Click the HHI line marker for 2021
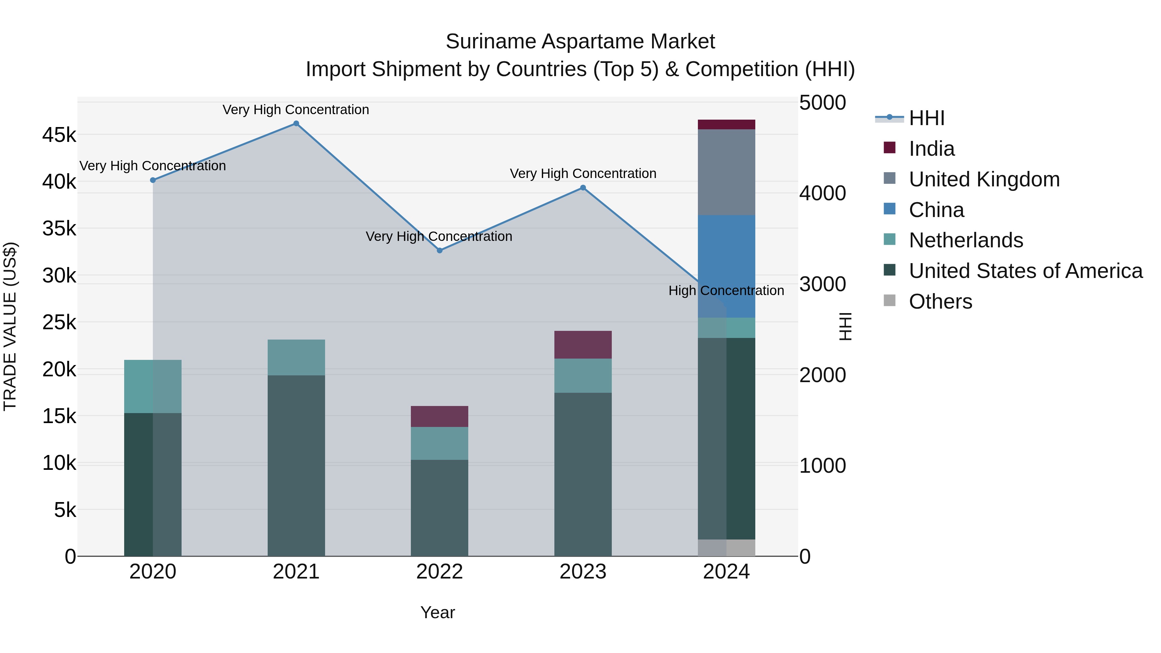pos(296,124)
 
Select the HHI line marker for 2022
pos(440,251)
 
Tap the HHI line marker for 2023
pos(583,188)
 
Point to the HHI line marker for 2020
pos(153,180)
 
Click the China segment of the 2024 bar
pos(726,266)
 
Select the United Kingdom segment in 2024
pos(726,172)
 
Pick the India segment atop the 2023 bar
pos(583,345)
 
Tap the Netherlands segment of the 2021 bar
pos(296,357)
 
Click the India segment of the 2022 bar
pos(440,416)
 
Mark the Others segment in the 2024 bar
pos(726,548)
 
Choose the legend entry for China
pos(936,210)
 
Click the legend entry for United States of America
pos(1025,271)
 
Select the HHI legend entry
pos(926,118)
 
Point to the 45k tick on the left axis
pos(59,135)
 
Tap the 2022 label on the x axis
pos(440,572)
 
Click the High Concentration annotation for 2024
pos(726,291)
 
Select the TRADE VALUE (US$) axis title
pos(10,326)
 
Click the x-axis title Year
pos(438,612)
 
